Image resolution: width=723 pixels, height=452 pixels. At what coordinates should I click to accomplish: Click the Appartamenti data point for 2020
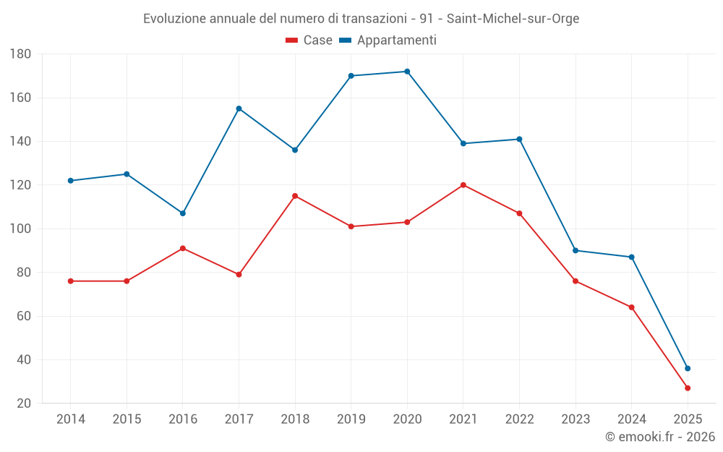click(x=407, y=72)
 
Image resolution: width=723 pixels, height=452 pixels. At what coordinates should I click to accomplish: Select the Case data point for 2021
click(x=463, y=185)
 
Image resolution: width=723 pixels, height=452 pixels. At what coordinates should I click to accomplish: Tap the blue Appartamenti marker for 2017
click(x=239, y=108)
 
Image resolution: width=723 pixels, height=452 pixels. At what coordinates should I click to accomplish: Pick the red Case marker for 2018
click(x=295, y=196)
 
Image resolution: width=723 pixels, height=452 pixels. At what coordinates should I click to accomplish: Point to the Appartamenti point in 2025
click(x=688, y=369)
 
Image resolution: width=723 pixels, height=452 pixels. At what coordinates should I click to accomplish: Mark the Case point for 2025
click(x=688, y=388)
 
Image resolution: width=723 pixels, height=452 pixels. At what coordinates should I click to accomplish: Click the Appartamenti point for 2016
click(x=183, y=213)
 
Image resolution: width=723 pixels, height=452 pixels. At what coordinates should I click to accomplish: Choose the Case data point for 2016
click(x=183, y=248)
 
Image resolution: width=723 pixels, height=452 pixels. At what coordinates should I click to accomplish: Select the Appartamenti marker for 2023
click(x=576, y=250)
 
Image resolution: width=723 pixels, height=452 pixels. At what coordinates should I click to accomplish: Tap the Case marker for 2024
click(x=632, y=307)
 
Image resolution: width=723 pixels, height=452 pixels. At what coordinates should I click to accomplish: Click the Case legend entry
click(x=309, y=40)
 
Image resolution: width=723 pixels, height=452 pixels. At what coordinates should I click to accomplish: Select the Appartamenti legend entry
click(x=388, y=40)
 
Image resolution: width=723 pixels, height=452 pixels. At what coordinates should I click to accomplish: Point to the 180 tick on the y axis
click(x=20, y=54)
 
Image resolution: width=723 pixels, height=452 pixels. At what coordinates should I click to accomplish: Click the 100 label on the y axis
click(x=20, y=229)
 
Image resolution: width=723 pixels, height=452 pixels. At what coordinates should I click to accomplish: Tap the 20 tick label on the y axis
click(x=23, y=404)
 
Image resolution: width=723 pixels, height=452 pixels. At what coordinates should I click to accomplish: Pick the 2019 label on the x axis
click(x=351, y=419)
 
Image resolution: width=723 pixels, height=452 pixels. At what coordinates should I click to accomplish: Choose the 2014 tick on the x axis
click(x=71, y=419)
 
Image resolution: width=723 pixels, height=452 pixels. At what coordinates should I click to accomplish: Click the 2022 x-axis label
click(x=520, y=419)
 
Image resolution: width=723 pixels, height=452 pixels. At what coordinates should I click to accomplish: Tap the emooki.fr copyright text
click(x=660, y=437)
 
